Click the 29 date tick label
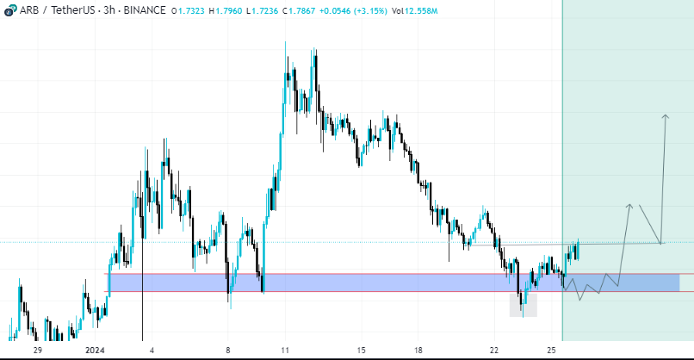tap(37, 351)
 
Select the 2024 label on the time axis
tap(95, 351)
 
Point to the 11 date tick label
tap(285, 351)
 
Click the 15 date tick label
tap(362, 351)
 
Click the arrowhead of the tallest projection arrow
tap(665, 115)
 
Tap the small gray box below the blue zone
tap(524, 304)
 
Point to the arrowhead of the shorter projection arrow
tap(630, 205)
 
